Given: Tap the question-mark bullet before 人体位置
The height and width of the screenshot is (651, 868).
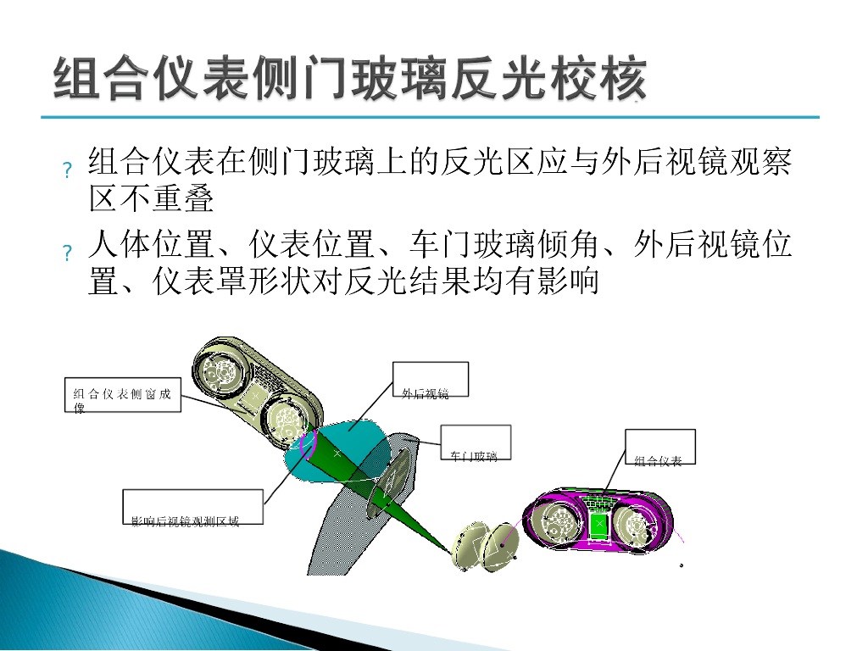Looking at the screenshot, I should (x=67, y=253).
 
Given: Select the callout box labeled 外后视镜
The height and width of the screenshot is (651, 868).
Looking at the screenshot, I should (x=431, y=381).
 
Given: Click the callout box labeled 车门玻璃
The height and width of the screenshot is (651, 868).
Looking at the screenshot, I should (x=475, y=443).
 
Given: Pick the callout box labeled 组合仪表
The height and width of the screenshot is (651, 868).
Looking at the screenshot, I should (x=660, y=448).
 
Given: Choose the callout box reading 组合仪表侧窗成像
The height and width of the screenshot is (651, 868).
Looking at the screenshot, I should (x=123, y=394).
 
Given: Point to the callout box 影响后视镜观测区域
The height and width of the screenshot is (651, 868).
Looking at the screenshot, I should (x=192, y=507).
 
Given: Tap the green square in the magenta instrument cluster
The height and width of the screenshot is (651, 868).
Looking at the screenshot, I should (x=599, y=526).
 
